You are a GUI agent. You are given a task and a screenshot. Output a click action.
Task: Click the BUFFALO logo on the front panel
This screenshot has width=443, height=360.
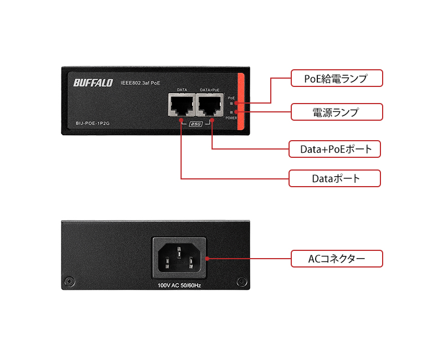(92, 83)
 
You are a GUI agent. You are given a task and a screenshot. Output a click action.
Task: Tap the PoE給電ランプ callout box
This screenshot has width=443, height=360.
(336, 78)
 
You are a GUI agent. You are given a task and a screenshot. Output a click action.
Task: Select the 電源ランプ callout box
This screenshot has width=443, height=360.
(336, 112)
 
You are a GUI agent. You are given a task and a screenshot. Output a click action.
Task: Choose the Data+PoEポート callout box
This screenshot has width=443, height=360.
(335, 148)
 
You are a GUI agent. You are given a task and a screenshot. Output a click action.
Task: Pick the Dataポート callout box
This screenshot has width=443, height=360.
(335, 178)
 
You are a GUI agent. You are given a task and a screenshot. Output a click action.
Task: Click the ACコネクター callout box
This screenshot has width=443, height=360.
(336, 259)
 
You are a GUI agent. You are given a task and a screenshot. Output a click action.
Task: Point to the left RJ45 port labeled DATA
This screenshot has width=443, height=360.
(182, 105)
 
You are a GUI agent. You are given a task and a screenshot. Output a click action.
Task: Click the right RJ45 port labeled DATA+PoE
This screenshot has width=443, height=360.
(210, 105)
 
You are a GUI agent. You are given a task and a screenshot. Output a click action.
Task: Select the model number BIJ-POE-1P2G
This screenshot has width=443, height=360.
(92, 124)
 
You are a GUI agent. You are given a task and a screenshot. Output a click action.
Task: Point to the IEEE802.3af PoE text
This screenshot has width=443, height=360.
(140, 83)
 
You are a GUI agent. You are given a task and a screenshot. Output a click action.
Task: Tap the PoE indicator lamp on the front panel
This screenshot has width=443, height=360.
(231, 103)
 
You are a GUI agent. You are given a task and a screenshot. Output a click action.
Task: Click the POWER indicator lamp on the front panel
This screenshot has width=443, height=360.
(231, 112)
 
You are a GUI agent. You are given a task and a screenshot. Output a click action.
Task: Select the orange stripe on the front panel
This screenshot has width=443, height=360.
(240, 102)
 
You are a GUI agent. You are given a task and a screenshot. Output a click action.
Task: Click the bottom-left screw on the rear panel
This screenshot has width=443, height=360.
(68, 282)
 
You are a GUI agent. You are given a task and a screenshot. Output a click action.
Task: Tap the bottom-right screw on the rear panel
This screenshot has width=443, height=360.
(241, 282)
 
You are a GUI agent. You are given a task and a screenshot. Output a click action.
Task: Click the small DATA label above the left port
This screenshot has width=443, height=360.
(182, 90)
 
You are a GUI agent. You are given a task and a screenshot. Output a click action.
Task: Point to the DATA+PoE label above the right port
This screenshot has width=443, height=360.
(210, 90)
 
